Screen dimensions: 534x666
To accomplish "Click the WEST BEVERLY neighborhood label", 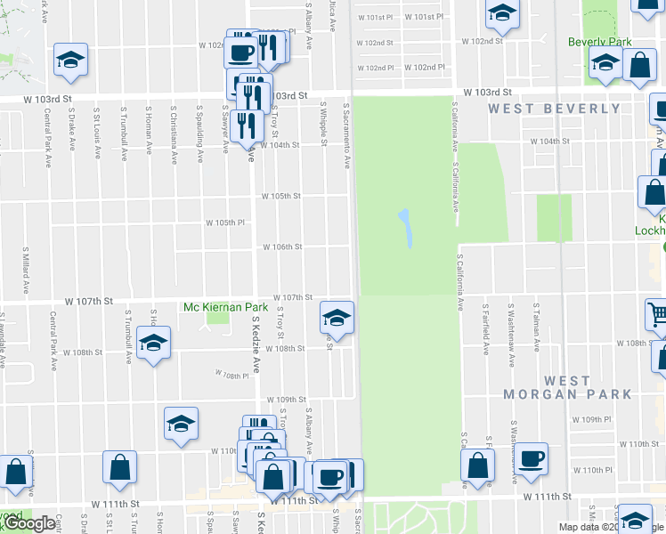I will [x=554, y=109].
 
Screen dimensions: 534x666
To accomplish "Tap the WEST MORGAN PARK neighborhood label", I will [x=567, y=387].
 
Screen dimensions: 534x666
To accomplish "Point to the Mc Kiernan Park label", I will [x=213, y=308].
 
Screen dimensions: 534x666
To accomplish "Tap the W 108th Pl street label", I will [x=233, y=376].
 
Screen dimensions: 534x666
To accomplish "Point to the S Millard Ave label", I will [x=25, y=273].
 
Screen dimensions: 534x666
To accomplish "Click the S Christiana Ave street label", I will [x=175, y=134].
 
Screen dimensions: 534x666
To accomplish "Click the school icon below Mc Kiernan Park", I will [x=153, y=344].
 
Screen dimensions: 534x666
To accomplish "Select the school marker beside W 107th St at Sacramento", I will [x=337, y=316].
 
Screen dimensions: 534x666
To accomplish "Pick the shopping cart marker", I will [x=657, y=313].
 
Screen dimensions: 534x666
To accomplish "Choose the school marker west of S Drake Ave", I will [x=69, y=60].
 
